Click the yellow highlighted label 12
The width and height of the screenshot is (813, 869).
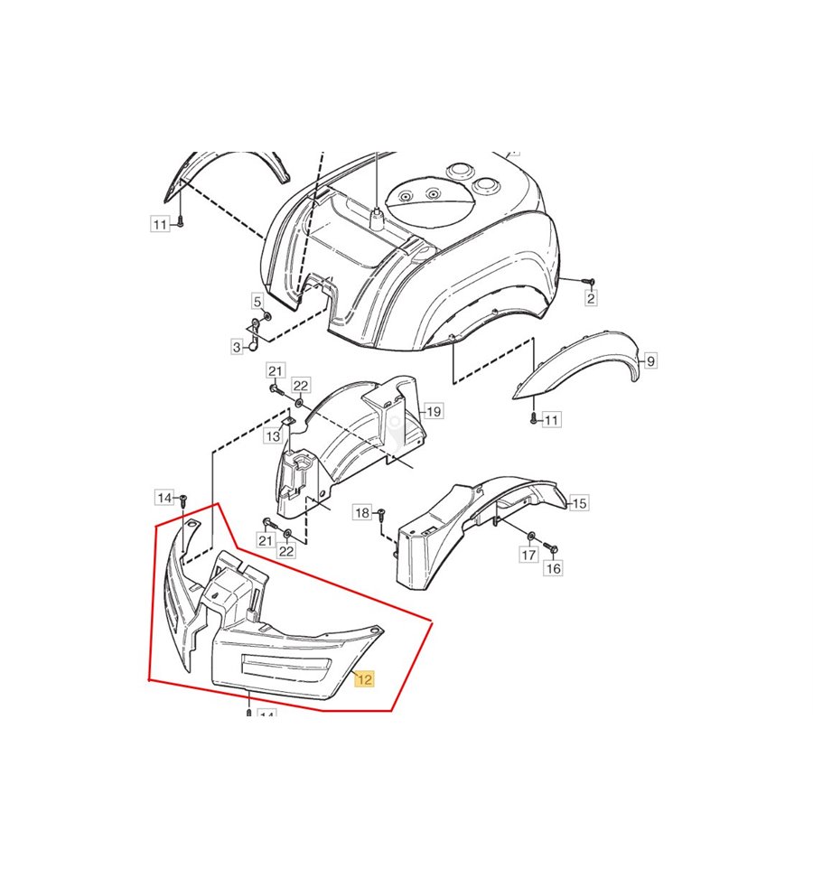(x=365, y=679)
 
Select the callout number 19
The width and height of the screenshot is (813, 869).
(x=434, y=411)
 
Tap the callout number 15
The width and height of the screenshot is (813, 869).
(x=578, y=503)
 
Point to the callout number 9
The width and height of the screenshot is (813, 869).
(x=650, y=361)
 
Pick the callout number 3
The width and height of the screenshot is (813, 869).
(x=238, y=348)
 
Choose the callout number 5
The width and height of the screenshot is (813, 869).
(x=257, y=302)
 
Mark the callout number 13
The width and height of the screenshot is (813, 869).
(x=273, y=436)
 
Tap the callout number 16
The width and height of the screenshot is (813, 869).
(x=554, y=568)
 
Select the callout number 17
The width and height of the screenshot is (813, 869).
(x=528, y=555)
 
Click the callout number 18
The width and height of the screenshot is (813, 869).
(x=362, y=513)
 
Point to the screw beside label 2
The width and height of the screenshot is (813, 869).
(x=589, y=282)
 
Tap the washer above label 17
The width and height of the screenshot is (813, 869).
(x=531, y=536)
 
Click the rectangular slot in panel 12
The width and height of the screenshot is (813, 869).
(x=285, y=665)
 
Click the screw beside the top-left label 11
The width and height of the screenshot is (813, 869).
(x=180, y=224)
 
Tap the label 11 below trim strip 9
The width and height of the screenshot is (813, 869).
(x=551, y=420)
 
